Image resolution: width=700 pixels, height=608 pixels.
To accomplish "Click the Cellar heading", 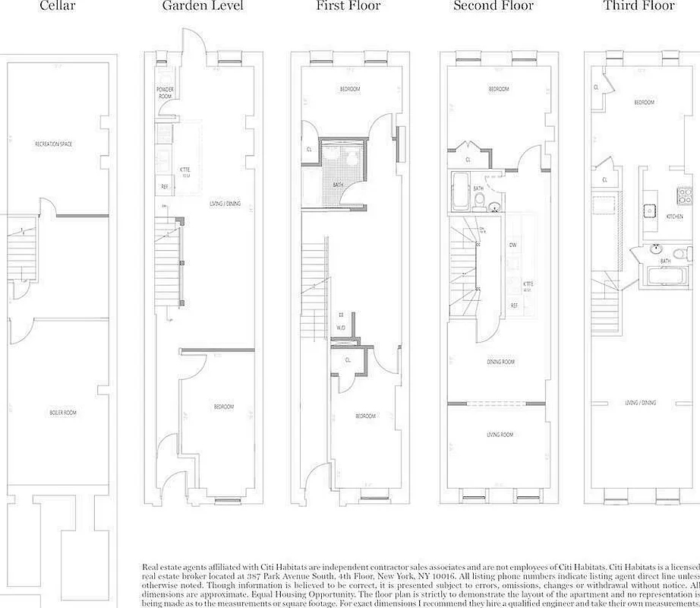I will (x=58, y=6).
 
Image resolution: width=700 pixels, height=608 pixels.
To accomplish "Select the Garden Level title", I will (x=203, y=6).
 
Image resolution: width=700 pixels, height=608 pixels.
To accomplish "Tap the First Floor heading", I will (x=348, y=6).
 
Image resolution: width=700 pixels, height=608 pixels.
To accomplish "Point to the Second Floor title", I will (x=493, y=6).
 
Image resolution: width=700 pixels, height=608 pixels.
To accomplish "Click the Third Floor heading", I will (x=639, y=6).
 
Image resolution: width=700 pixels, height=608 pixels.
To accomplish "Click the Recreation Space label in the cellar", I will (x=53, y=144).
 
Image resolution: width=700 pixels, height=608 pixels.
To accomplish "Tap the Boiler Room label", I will (x=63, y=413).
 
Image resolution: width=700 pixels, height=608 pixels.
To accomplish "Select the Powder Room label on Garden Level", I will (x=165, y=93).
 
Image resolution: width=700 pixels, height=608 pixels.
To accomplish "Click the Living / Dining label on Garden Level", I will (x=225, y=204).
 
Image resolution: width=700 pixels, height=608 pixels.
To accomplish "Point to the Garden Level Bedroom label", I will (x=223, y=407).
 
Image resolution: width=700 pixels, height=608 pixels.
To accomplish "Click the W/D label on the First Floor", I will (x=341, y=328).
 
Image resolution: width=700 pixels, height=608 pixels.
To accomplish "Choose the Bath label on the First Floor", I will (x=339, y=185).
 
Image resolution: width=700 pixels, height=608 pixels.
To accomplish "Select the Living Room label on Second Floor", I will (x=499, y=435).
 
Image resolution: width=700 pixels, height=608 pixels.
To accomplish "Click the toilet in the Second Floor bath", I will (x=480, y=201).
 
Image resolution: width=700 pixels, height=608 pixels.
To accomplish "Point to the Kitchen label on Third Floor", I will (x=674, y=217).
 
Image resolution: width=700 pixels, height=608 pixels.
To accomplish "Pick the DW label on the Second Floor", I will (x=514, y=245).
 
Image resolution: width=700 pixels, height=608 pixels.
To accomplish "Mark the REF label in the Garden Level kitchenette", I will (x=164, y=186).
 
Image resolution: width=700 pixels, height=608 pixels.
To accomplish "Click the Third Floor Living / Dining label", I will (x=641, y=403).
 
